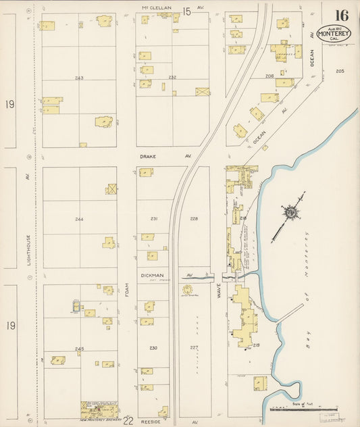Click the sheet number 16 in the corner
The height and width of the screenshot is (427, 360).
pyautogui.click(x=340, y=14)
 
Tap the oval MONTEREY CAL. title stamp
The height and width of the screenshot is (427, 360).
pyautogui.click(x=334, y=34)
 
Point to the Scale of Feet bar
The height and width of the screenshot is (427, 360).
pyautogui.click(x=302, y=409)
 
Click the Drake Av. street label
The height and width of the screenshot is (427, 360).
pyautogui.click(x=147, y=156)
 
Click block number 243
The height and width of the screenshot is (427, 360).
pyautogui.click(x=79, y=78)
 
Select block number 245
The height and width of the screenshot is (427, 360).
pyautogui.click(x=79, y=349)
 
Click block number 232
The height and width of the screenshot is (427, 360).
pyautogui.click(x=172, y=77)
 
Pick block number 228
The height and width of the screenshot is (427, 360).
pyautogui.click(x=194, y=218)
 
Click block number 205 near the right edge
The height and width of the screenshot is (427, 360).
pyautogui.click(x=340, y=71)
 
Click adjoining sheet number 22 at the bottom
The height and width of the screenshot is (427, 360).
pyautogui.click(x=128, y=421)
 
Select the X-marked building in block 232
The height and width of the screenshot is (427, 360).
pyautogui.click(x=202, y=91)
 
